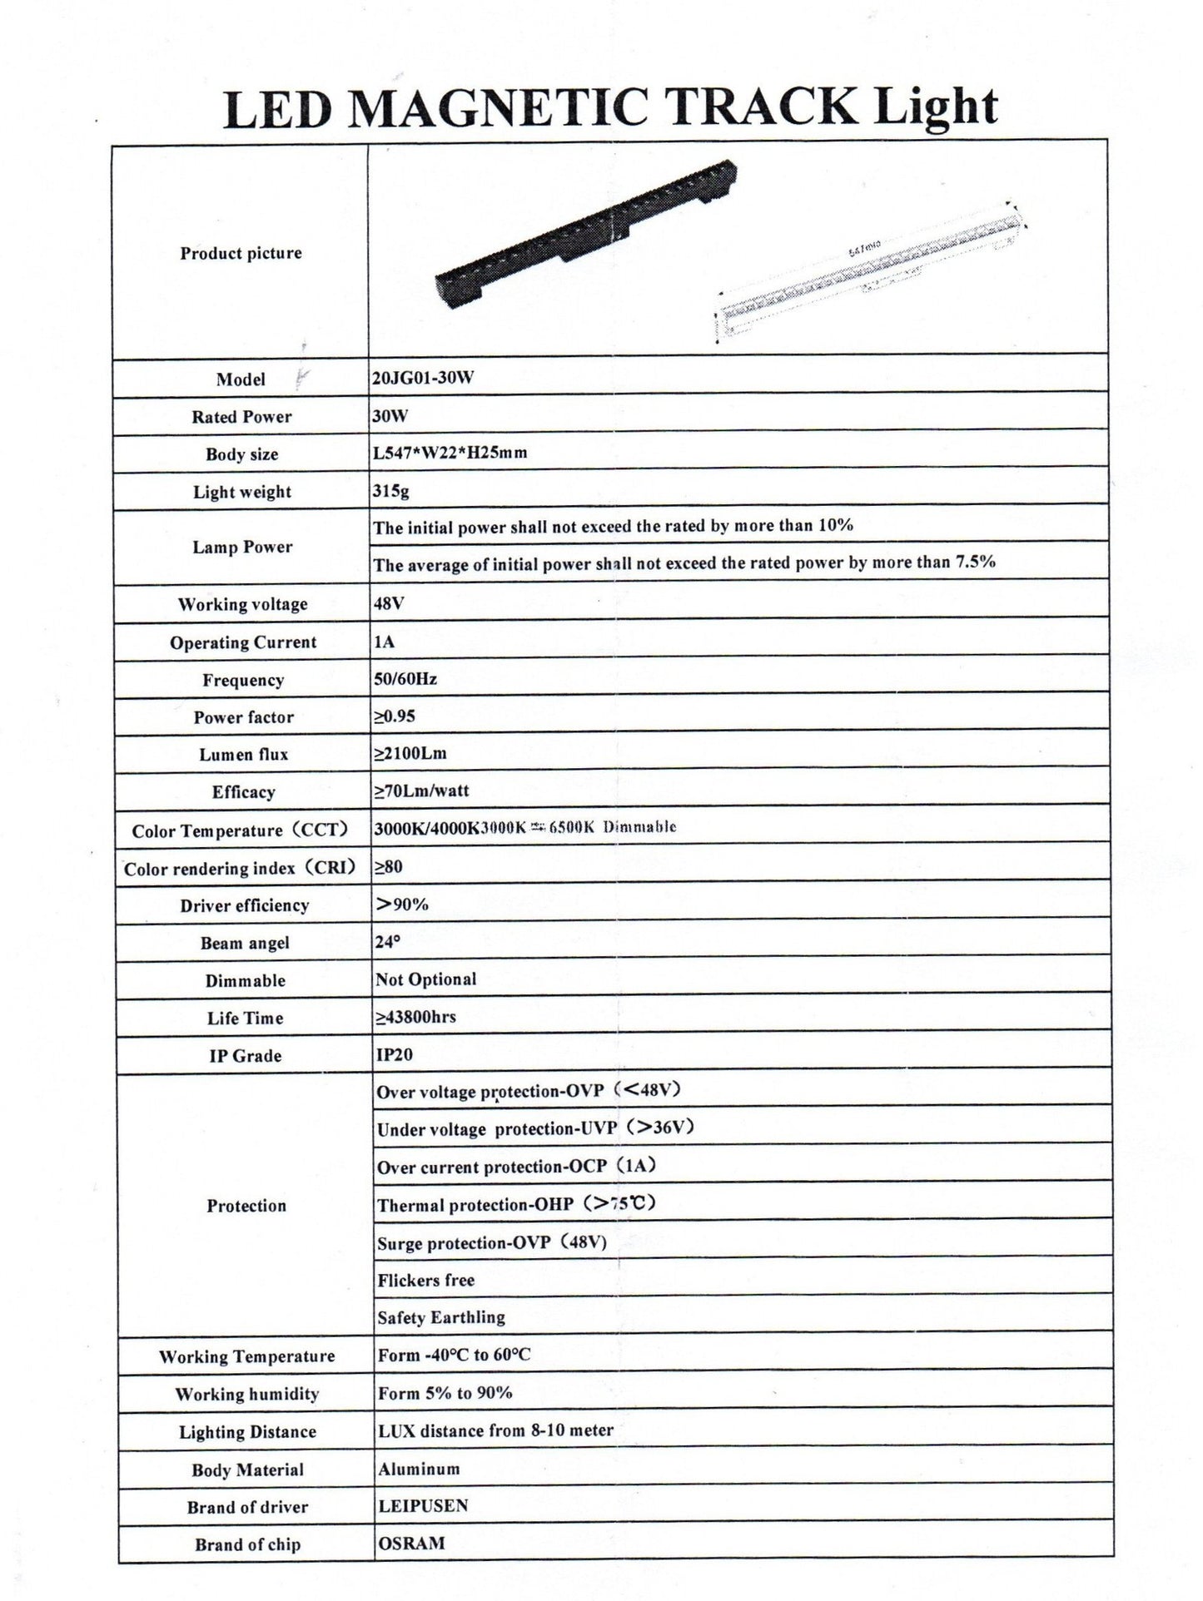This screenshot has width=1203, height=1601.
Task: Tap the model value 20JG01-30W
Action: (x=423, y=378)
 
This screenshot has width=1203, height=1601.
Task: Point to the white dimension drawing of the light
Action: (x=870, y=270)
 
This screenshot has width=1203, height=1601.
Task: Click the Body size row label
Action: (x=241, y=454)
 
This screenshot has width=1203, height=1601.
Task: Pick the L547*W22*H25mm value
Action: (x=450, y=453)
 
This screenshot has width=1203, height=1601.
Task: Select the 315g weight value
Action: (x=391, y=491)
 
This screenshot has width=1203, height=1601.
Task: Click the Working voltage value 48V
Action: (x=389, y=603)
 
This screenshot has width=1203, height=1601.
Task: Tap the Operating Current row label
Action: (x=243, y=642)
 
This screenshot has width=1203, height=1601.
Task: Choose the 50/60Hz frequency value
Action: (x=405, y=679)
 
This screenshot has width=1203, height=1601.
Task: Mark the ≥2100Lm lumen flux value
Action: (x=410, y=754)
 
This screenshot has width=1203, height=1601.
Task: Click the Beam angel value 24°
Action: (x=387, y=942)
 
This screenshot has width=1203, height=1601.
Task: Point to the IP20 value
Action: (x=395, y=1054)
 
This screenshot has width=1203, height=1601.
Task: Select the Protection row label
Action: (x=246, y=1206)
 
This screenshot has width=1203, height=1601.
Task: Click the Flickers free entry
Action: (x=425, y=1280)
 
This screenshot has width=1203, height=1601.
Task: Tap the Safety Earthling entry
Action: (x=440, y=1317)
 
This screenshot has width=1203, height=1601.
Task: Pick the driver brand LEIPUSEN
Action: (x=423, y=1505)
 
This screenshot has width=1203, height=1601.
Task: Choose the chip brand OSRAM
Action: (x=411, y=1543)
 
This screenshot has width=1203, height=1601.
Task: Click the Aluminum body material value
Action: (x=419, y=1469)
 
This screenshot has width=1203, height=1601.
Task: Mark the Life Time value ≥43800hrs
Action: (x=415, y=1017)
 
